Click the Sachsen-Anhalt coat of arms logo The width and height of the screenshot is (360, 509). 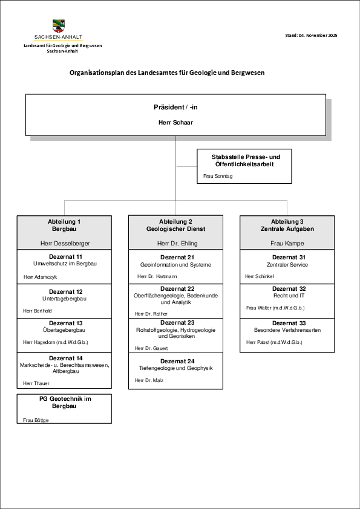59,26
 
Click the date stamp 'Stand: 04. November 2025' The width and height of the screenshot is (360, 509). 311,36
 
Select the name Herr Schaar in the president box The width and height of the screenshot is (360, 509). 175,122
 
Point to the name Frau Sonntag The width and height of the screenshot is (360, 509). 218,177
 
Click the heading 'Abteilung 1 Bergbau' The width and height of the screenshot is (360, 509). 64,225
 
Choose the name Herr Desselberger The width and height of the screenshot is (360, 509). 64,243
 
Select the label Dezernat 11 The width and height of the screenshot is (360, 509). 65,257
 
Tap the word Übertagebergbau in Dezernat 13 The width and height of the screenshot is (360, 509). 65,330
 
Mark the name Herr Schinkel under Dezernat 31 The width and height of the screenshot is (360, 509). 260,276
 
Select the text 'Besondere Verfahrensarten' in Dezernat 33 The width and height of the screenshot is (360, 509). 287,330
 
